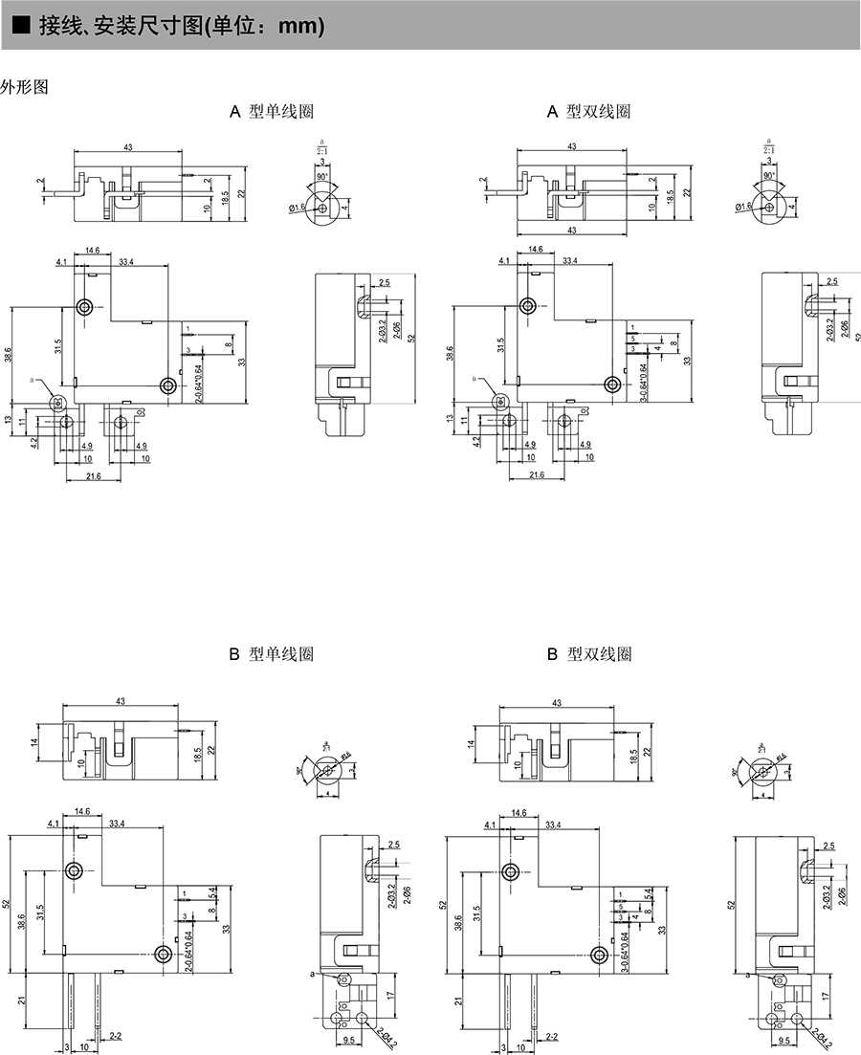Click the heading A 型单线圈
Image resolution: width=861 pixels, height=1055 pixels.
coord(272,112)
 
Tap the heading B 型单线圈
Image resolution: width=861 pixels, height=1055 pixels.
coord(272,654)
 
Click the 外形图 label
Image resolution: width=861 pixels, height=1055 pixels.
coord(24,87)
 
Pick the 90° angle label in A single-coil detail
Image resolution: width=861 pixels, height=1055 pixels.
coord(322,177)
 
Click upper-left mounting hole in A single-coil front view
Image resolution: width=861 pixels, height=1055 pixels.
coord(86,307)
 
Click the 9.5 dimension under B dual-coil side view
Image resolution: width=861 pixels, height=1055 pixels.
coord(785,1041)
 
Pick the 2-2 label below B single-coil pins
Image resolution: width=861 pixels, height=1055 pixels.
coord(115,1036)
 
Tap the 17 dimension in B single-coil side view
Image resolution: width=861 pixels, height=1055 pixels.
coord(396,995)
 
